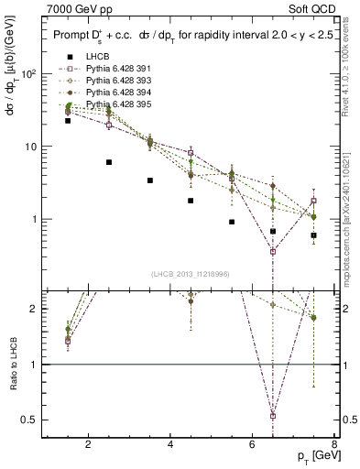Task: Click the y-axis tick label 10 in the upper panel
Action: (29, 147)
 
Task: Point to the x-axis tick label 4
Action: (171, 446)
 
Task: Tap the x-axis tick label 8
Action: (335, 446)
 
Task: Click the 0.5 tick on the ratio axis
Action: (30, 420)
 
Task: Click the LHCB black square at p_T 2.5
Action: (109, 162)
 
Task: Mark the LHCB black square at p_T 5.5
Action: (232, 222)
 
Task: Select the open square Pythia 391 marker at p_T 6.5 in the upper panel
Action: (273, 251)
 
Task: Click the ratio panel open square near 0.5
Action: (273, 416)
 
